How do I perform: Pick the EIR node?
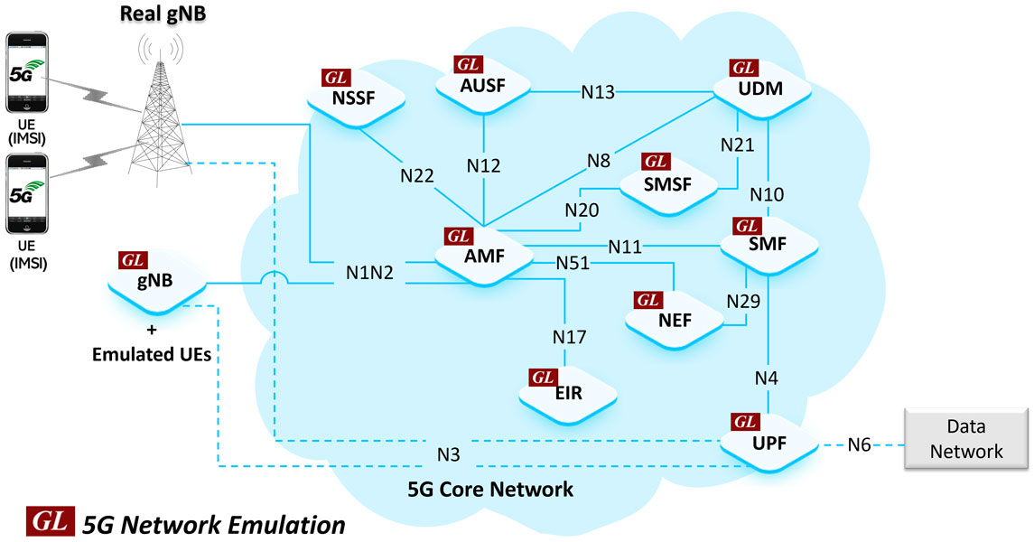pyautogui.click(x=568, y=393)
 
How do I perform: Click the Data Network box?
pyautogui.click(x=966, y=440)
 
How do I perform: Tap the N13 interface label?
pyautogui.click(x=597, y=91)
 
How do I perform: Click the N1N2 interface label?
pyautogui.click(x=370, y=272)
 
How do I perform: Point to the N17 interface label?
pyautogui.click(x=569, y=338)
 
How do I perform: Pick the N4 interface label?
pyautogui.click(x=767, y=376)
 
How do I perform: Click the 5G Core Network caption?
pyautogui.click(x=490, y=491)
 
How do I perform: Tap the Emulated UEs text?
pyautogui.click(x=152, y=355)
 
